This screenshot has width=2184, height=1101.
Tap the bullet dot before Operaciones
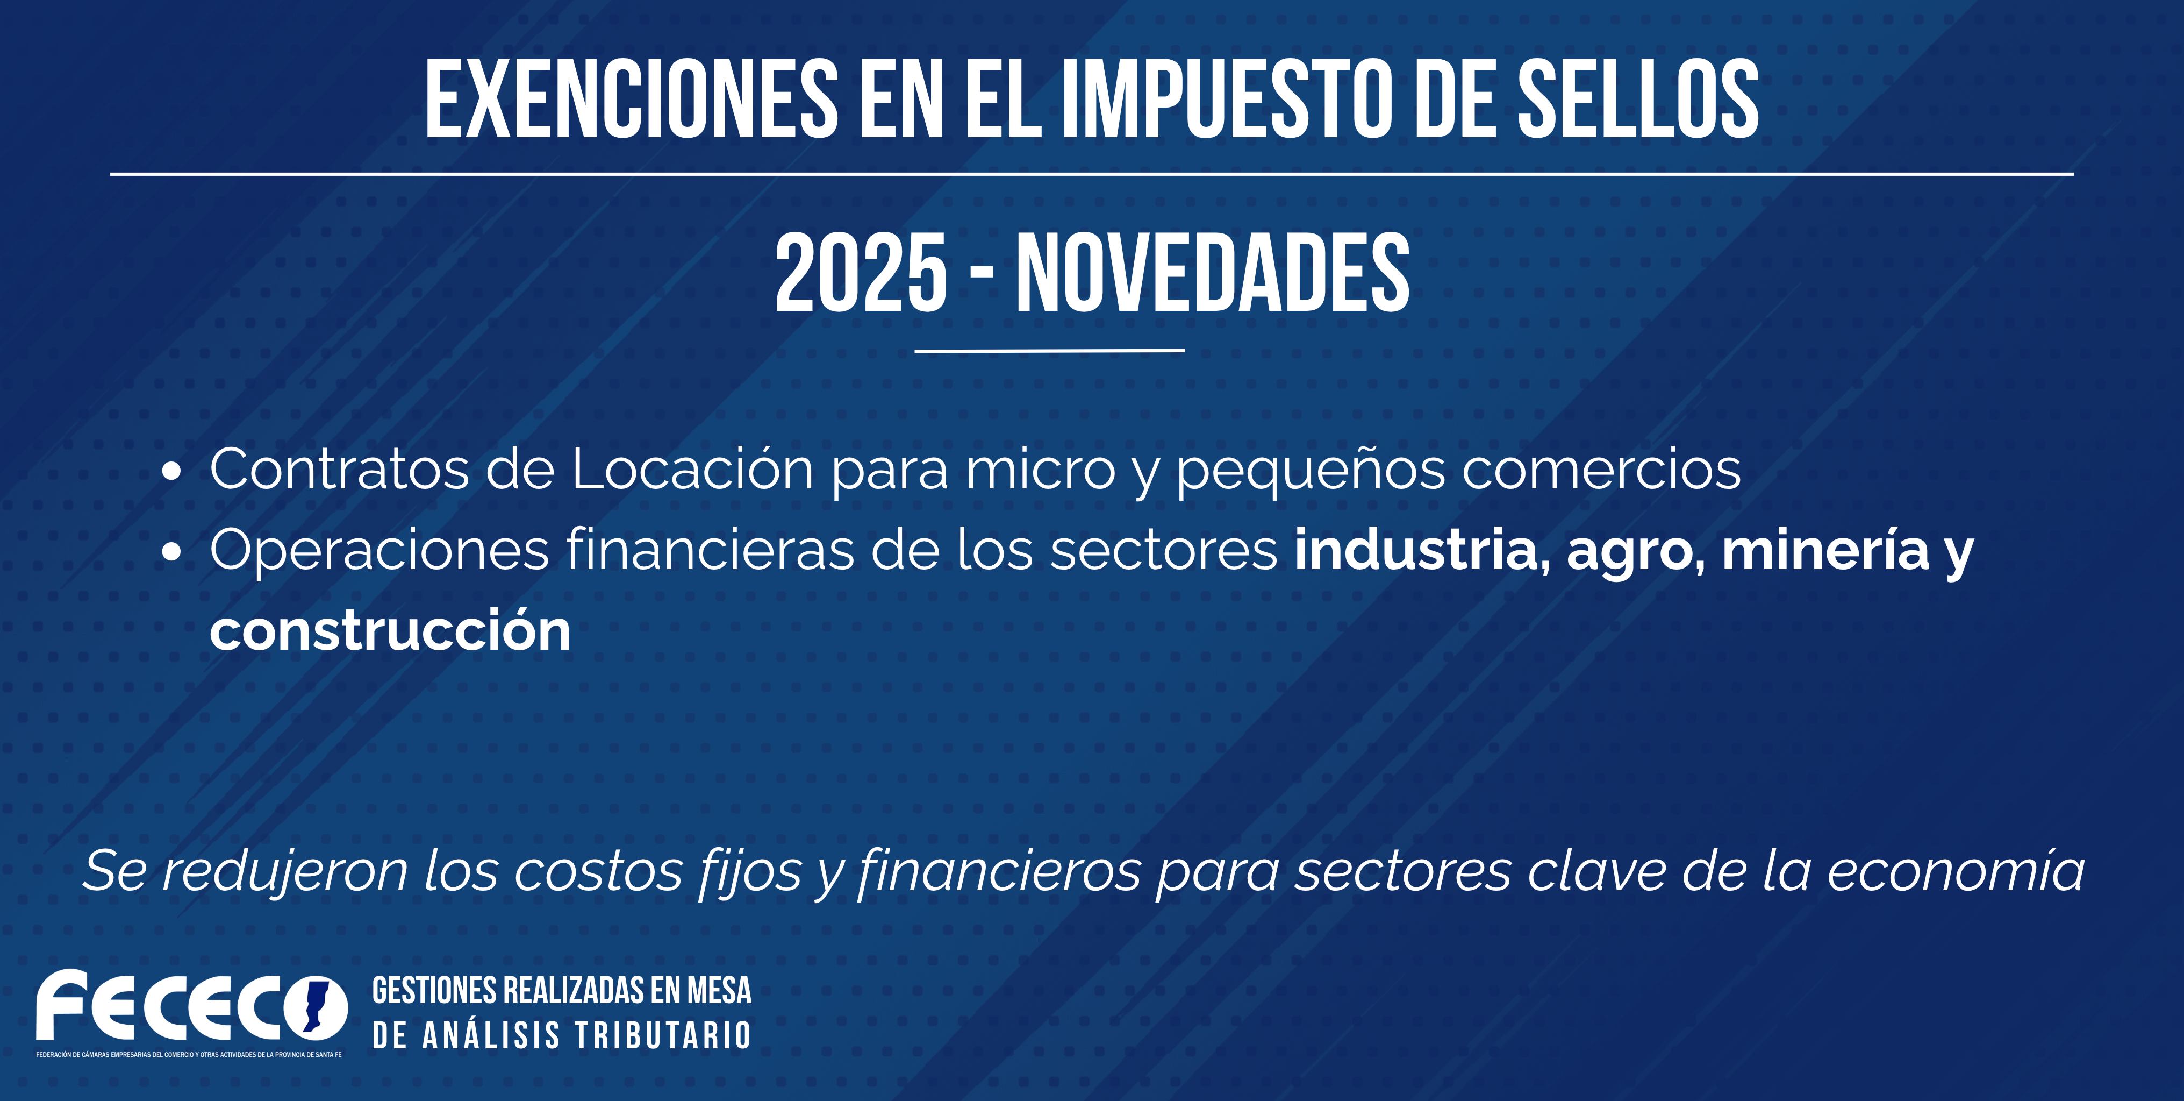coord(171,552)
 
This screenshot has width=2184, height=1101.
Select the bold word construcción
coord(390,631)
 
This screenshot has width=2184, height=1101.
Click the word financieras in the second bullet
coord(710,550)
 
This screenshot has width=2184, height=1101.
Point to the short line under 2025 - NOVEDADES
coord(1050,350)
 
